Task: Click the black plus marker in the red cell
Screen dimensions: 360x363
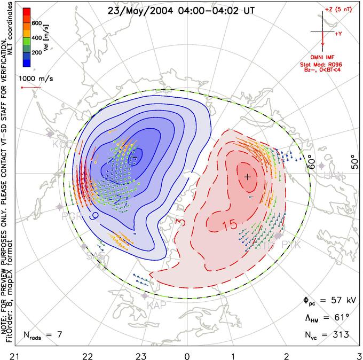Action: coord(247,176)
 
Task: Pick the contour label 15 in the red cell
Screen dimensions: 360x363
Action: coord(231,226)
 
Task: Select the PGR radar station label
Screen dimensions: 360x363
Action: coord(72,217)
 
